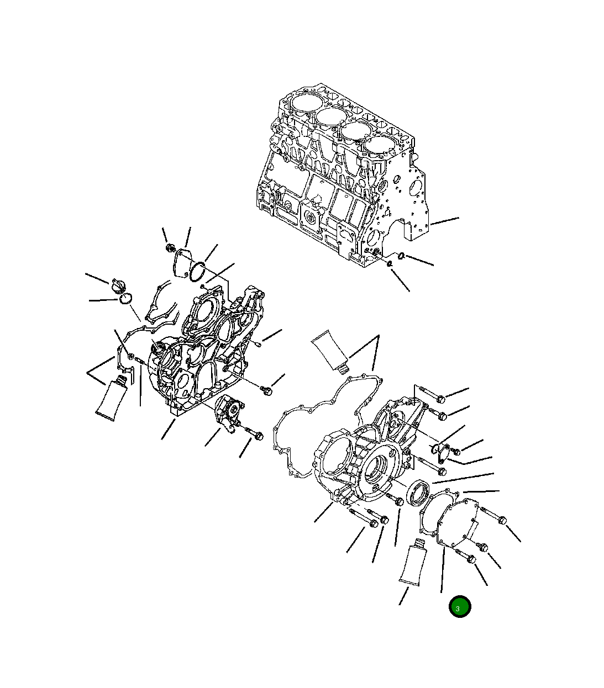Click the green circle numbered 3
point(459,607)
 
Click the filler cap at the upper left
point(118,287)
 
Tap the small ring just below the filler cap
point(125,299)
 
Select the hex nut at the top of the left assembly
point(170,248)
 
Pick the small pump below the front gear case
point(228,412)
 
